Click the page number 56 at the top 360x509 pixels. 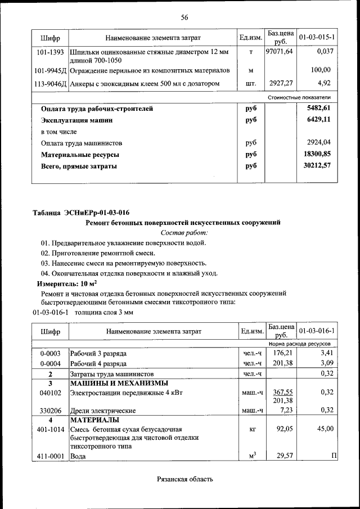pos(184,17)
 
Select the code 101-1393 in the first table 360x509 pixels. pos(50,52)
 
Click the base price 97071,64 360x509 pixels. pos(279,52)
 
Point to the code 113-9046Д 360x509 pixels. pos(50,84)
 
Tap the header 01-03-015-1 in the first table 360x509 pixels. pos(317,38)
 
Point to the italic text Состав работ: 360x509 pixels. pos(184,232)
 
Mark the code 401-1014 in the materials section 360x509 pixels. pos(50,429)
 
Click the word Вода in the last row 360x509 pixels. pos(78,456)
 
